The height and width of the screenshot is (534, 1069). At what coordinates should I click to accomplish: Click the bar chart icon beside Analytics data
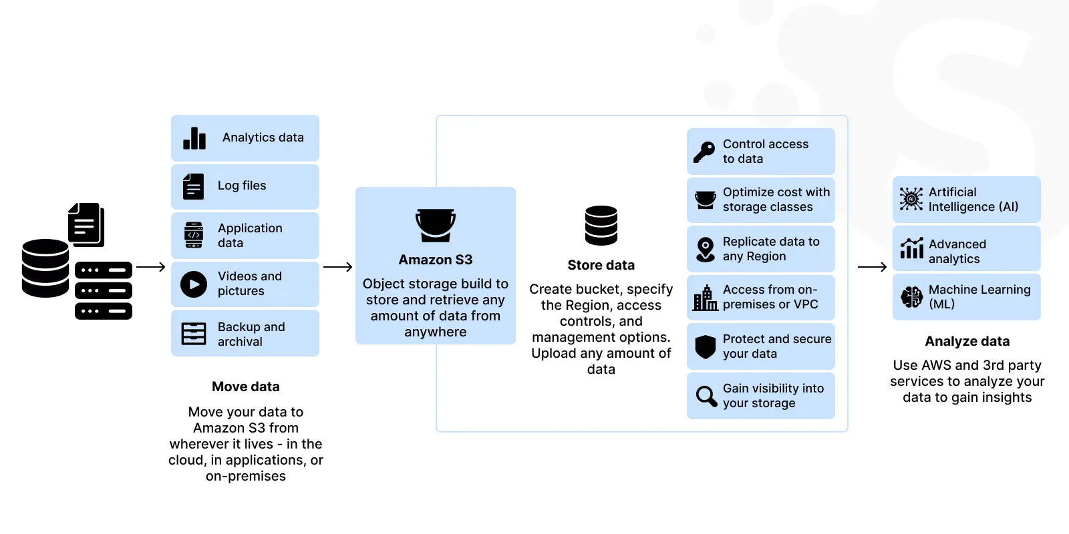[x=194, y=138]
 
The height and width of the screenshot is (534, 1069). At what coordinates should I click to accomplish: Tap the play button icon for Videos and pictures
[x=194, y=284]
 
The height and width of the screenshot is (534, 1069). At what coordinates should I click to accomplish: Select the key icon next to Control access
[x=704, y=152]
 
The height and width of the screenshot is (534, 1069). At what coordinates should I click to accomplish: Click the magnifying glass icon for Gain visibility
[x=706, y=396]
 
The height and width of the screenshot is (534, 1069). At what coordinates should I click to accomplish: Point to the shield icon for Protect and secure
[x=706, y=346]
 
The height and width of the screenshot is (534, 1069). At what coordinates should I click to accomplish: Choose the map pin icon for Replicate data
[x=706, y=250]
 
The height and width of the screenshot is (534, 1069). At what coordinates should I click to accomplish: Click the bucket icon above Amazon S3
[x=435, y=225]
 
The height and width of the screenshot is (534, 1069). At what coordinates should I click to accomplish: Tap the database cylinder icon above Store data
[x=601, y=226]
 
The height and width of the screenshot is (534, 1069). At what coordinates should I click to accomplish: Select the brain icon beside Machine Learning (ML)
[x=911, y=297]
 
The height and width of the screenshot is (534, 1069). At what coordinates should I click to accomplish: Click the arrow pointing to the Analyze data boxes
[x=872, y=267]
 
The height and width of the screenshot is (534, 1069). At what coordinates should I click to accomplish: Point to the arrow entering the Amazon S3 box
[x=337, y=267]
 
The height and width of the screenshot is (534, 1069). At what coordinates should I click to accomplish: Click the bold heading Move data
[x=246, y=386]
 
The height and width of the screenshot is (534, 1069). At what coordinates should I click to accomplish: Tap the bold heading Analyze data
[x=967, y=341]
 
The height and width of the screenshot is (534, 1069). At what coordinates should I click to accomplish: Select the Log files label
[x=242, y=186]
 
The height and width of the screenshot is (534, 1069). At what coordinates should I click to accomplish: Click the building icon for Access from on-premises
[x=706, y=298]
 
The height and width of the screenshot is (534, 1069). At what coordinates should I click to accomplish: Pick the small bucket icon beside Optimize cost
[x=706, y=200]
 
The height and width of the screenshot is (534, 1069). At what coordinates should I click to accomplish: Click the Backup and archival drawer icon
[x=194, y=334]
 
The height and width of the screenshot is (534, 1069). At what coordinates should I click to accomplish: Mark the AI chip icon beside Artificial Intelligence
[x=911, y=199]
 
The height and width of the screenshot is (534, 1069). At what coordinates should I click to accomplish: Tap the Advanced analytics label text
[x=957, y=251]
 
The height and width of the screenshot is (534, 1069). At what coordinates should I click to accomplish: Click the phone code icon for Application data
[x=194, y=235]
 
